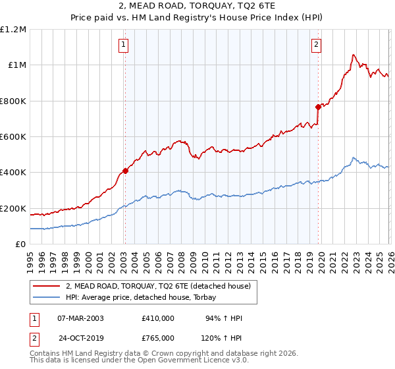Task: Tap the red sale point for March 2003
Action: click(x=125, y=171)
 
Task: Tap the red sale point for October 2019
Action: click(x=318, y=107)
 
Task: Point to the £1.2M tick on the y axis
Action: click(x=14, y=30)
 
